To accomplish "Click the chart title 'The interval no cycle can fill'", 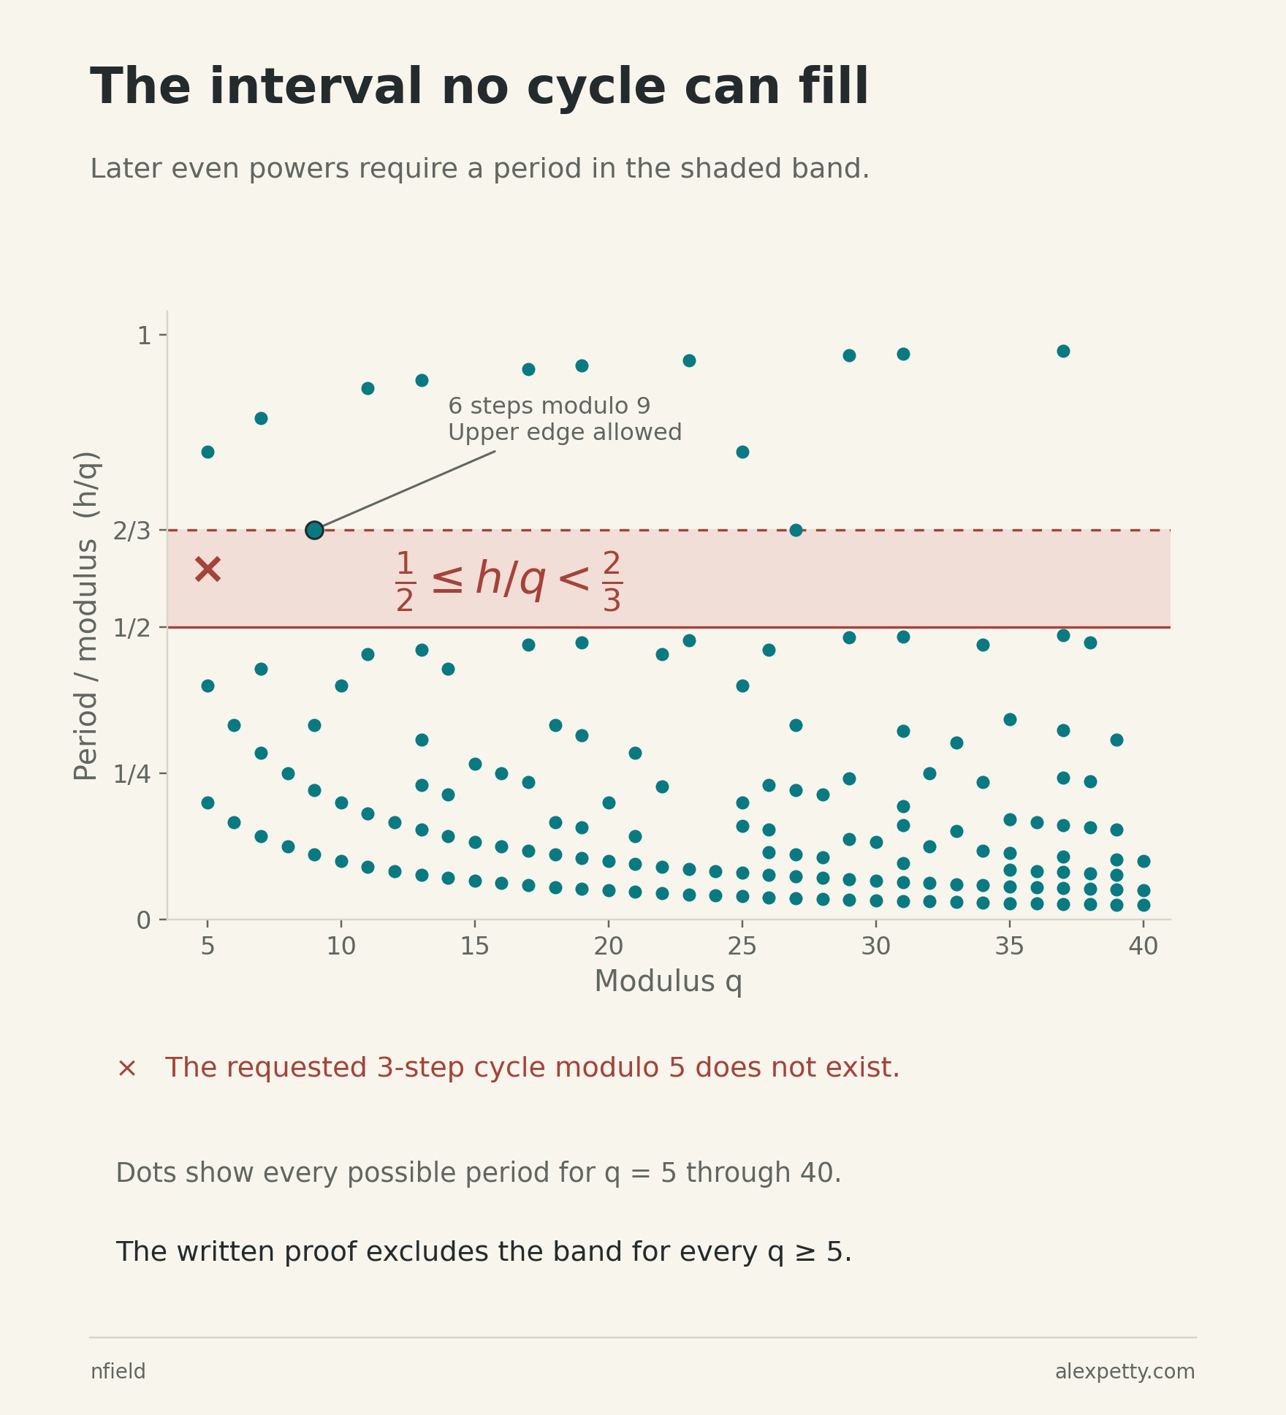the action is pyautogui.click(x=479, y=87).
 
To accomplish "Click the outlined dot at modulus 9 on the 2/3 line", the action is pyautogui.click(x=314, y=530).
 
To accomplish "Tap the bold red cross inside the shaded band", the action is pyautogui.click(x=208, y=569).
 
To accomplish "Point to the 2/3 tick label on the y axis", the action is pyautogui.click(x=132, y=531).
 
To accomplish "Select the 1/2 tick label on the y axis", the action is pyautogui.click(x=132, y=628).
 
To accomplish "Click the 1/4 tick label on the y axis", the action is pyautogui.click(x=132, y=774).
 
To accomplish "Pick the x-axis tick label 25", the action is pyautogui.click(x=742, y=947).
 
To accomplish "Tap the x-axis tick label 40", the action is pyautogui.click(x=1144, y=947).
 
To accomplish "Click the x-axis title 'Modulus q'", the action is pyautogui.click(x=668, y=982).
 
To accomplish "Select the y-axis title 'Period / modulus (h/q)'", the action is pyautogui.click(x=86, y=615).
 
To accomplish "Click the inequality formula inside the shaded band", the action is pyautogui.click(x=509, y=581).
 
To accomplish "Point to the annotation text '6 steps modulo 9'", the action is pyautogui.click(x=549, y=406).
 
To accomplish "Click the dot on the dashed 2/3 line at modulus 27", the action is pyautogui.click(x=796, y=530).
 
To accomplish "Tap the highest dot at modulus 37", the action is pyautogui.click(x=1063, y=351).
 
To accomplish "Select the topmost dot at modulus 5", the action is pyautogui.click(x=208, y=452).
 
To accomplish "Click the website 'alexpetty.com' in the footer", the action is pyautogui.click(x=1125, y=1372).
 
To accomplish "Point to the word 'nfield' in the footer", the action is pyautogui.click(x=118, y=1371).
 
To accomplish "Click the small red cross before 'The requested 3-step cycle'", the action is pyautogui.click(x=126, y=1069).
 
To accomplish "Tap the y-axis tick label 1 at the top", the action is pyautogui.click(x=144, y=335).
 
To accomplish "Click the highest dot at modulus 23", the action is pyautogui.click(x=689, y=360).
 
